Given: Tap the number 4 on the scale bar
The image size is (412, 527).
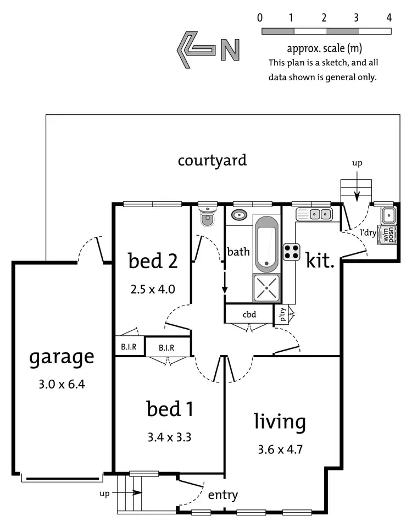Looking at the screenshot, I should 389,18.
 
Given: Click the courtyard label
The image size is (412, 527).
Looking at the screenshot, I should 212,160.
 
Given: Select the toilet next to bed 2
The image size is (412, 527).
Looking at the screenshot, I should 207,217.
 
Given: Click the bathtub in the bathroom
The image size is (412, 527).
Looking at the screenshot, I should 266,243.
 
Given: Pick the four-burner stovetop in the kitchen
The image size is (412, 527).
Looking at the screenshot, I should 291,252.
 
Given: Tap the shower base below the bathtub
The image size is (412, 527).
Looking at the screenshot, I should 266,287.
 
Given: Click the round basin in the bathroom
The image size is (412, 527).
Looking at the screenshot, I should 239,214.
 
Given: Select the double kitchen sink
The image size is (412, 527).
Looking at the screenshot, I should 313,214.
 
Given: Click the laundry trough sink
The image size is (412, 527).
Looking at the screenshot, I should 387,214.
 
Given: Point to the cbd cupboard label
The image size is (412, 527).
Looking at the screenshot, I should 249,315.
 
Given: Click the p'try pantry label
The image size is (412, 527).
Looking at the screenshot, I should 281,314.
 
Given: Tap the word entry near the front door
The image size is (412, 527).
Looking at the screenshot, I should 223,495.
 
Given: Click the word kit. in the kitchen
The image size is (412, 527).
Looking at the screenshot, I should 320,260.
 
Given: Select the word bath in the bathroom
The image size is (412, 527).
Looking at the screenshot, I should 238,252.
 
